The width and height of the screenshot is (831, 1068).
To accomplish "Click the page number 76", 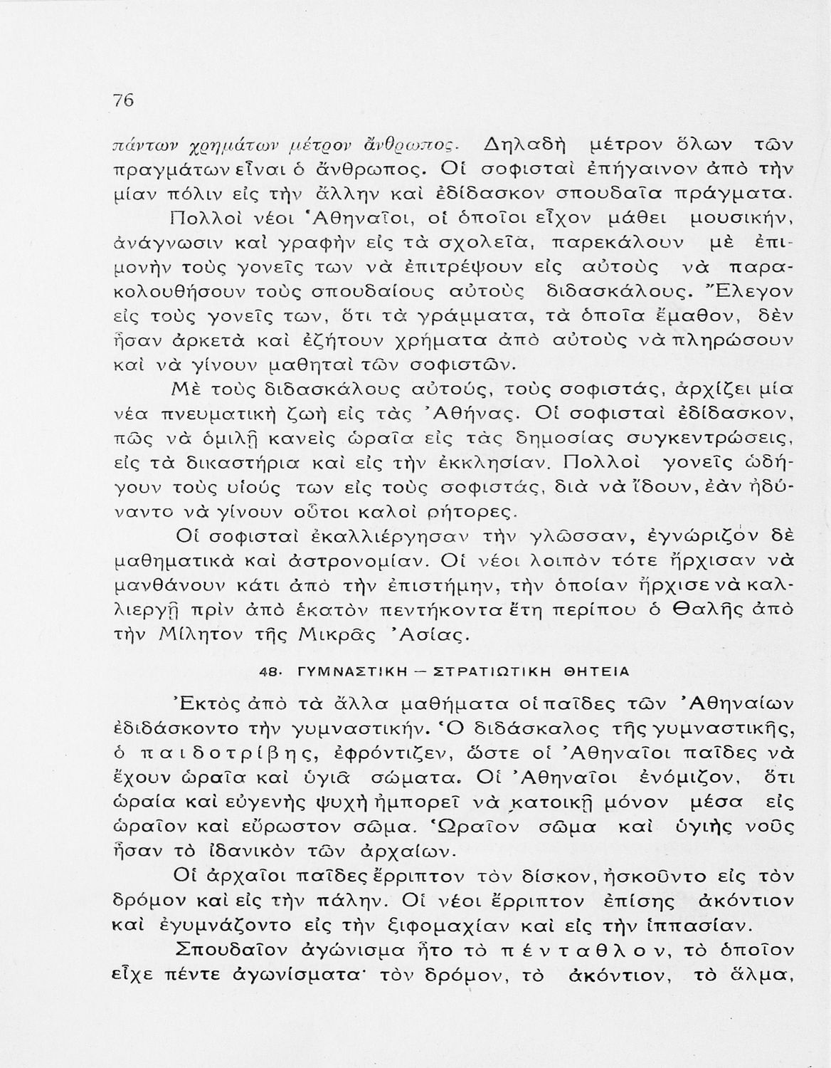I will coord(124,100).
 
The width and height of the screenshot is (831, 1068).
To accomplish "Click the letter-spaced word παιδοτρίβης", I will coord(225,753).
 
